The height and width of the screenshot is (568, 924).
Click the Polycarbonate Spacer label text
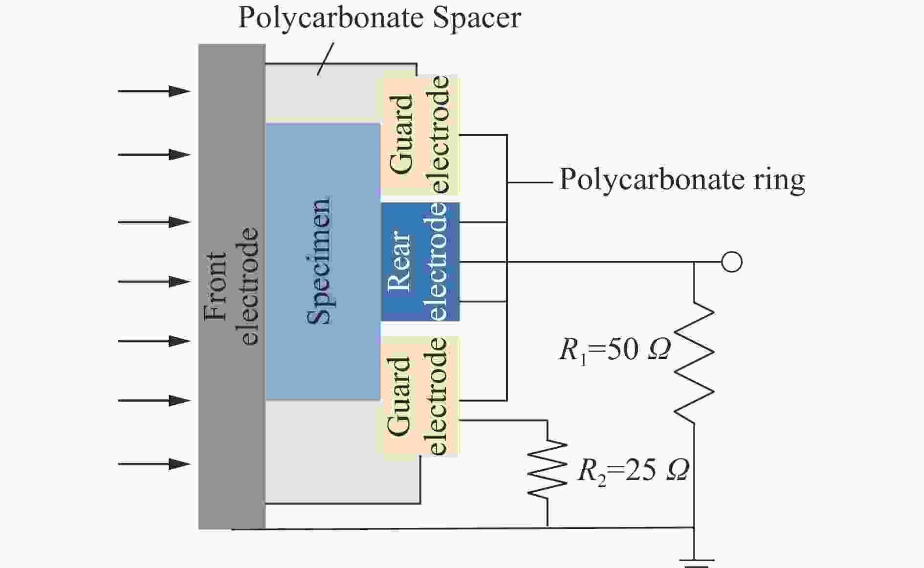379,19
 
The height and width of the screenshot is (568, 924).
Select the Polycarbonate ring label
682,180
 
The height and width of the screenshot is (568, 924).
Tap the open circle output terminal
732,262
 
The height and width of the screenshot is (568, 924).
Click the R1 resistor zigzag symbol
694,363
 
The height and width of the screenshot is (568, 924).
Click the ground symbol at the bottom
699,563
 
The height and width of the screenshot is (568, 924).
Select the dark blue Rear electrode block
420,262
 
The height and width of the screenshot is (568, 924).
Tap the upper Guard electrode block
419,135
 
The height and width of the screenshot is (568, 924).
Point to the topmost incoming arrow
154,91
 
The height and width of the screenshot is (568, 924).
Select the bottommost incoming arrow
154,463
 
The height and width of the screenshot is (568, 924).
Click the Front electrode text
231,286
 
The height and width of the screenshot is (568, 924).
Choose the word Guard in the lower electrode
399,396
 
